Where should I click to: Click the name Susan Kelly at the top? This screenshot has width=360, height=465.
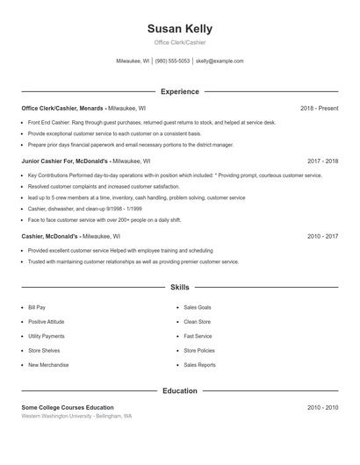[179, 29]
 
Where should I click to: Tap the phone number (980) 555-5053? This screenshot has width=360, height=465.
[173, 61]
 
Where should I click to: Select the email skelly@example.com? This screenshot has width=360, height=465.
[220, 61]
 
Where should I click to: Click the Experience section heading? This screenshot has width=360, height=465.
[179, 91]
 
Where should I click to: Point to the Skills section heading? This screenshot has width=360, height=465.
[179, 287]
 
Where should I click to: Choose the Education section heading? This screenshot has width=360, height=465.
[179, 390]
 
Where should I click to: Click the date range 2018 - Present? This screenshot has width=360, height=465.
[319, 108]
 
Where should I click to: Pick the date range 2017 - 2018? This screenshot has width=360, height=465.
[322, 161]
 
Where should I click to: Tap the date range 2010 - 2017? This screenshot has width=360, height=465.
[322, 236]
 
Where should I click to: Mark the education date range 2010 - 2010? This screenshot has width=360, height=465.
[322, 408]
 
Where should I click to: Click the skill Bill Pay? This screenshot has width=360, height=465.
[37, 308]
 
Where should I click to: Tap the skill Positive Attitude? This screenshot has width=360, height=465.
[46, 322]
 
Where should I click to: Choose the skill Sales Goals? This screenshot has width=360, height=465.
[197, 308]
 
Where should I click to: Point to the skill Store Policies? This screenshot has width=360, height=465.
[198, 351]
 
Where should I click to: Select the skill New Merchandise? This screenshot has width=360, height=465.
[47, 365]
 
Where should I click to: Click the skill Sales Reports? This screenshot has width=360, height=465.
[199, 365]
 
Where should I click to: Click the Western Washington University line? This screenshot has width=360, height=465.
[77, 417]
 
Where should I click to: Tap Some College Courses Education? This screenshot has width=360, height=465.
[68, 408]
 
